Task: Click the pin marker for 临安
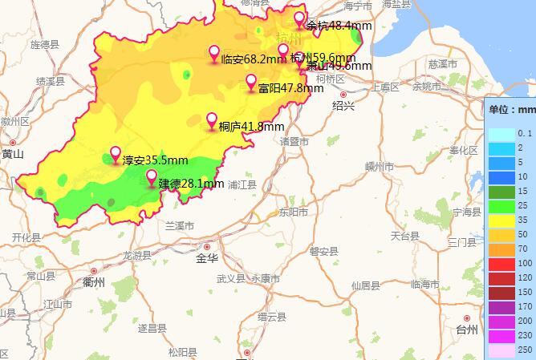[x=214, y=54]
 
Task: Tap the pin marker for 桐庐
[x=212, y=121]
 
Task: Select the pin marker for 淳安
[x=116, y=155]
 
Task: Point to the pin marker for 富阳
[x=251, y=83]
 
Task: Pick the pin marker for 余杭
[x=299, y=20]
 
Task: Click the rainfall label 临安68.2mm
[x=254, y=59]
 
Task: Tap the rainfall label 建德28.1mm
[x=191, y=184]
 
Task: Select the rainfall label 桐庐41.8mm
[x=251, y=127]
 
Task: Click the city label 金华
[x=207, y=259]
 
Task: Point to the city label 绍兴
[x=343, y=105]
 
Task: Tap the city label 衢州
[x=94, y=282]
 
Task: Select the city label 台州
[x=466, y=329]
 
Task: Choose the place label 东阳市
[x=293, y=212]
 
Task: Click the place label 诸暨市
[x=294, y=141]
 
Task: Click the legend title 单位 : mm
[x=511, y=109]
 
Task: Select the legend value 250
[x=526, y=350]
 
